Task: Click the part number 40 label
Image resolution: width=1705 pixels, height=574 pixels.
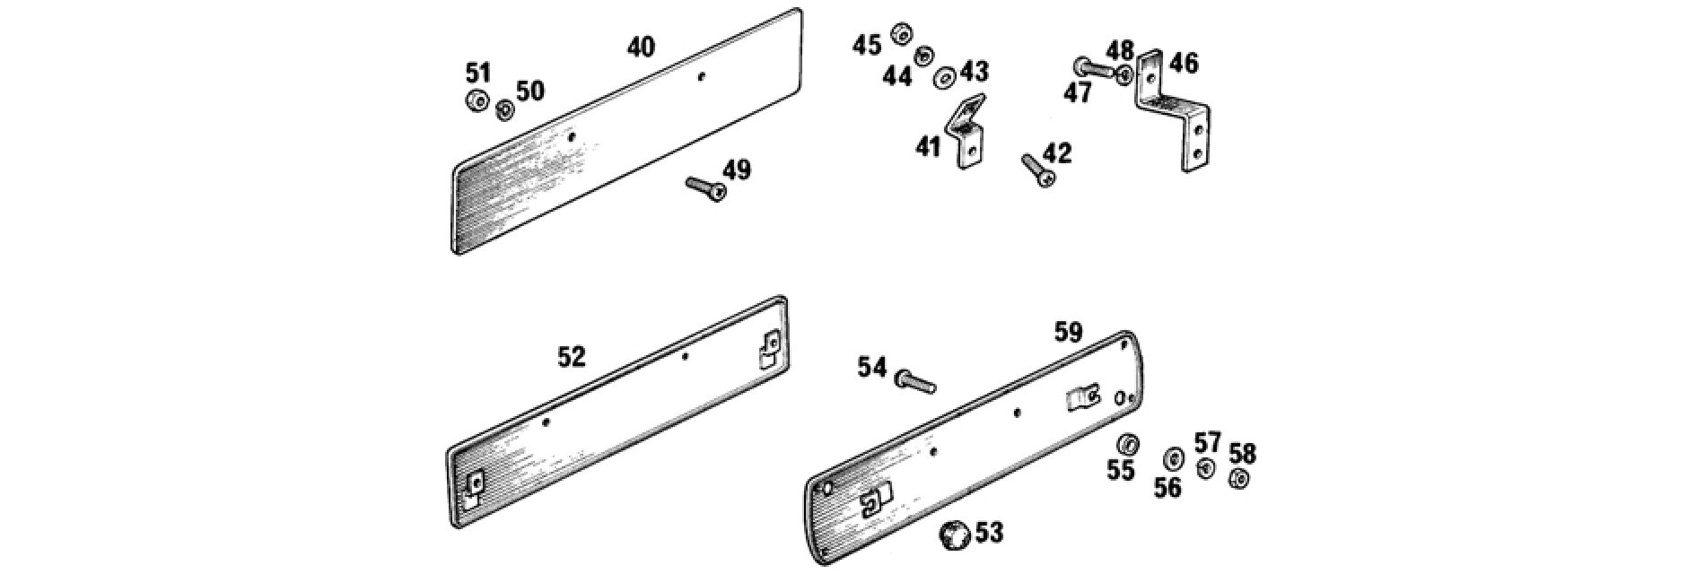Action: (x=641, y=47)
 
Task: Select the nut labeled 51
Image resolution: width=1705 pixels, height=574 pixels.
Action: (x=477, y=100)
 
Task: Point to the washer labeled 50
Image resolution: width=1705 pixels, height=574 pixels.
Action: (x=504, y=109)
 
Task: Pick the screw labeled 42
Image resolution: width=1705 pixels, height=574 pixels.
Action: (x=1038, y=170)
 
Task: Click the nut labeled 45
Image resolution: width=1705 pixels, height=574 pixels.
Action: (x=900, y=35)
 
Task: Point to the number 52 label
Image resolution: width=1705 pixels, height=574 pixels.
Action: (x=572, y=357)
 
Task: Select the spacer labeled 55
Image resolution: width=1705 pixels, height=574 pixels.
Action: (x=1128, y=444)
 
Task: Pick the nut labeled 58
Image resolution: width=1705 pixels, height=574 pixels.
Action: (x=1239, y=479)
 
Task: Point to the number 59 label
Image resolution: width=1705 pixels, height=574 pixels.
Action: (x=1069, y=333)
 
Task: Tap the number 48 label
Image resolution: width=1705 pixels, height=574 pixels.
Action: (x=1119, y=50)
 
